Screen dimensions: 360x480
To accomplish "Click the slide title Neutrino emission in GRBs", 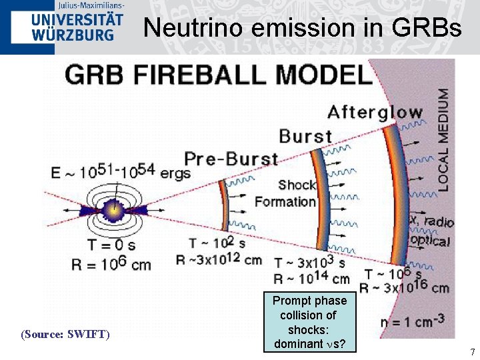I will (302, 28).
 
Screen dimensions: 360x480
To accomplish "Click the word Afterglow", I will (375, 112).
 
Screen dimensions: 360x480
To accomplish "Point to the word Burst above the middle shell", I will (306, 137).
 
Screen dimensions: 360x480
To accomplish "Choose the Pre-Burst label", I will (231, 159).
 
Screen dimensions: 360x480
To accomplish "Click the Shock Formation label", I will (285, 193).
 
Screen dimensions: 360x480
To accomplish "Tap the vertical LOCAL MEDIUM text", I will (443, 140).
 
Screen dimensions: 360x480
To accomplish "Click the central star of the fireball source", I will (115, 209).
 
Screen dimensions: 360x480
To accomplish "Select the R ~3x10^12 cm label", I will (219, 259).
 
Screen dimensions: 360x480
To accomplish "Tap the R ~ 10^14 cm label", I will (311, 279).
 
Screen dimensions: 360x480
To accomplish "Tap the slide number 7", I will (472, 351).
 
